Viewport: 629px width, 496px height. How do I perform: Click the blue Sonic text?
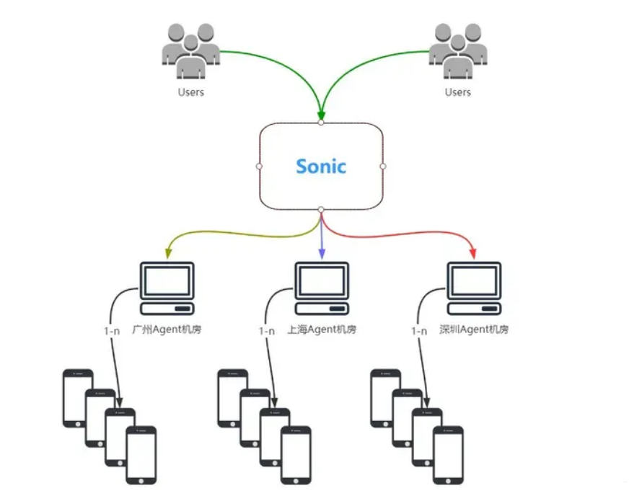point(321,167)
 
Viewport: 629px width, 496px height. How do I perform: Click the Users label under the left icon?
point(190,92)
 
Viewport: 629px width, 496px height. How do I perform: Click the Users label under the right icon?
point(457,92)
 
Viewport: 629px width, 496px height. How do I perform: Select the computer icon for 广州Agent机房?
point(167,288)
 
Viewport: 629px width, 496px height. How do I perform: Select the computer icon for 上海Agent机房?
point(322,288)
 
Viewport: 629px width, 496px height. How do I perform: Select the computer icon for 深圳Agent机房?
point(474,288)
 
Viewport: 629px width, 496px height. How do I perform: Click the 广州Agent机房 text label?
point(168,329)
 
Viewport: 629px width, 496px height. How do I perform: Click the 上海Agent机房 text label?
point(322,329)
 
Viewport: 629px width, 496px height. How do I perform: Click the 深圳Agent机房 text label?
point(474,329)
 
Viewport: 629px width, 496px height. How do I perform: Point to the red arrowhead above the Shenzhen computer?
point(474,254)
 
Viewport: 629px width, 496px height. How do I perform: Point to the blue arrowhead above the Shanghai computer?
point(322,254)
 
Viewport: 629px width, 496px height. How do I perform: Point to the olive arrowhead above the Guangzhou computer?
point(167,254)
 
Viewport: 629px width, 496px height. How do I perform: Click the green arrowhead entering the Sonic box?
point(321,115)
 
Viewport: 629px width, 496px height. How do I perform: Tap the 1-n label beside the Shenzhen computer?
point(419,331)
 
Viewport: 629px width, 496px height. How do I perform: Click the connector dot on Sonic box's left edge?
point(259,167)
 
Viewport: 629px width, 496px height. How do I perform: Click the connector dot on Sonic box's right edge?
point(383,167)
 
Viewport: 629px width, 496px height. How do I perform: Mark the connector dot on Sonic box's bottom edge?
point(321,209)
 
